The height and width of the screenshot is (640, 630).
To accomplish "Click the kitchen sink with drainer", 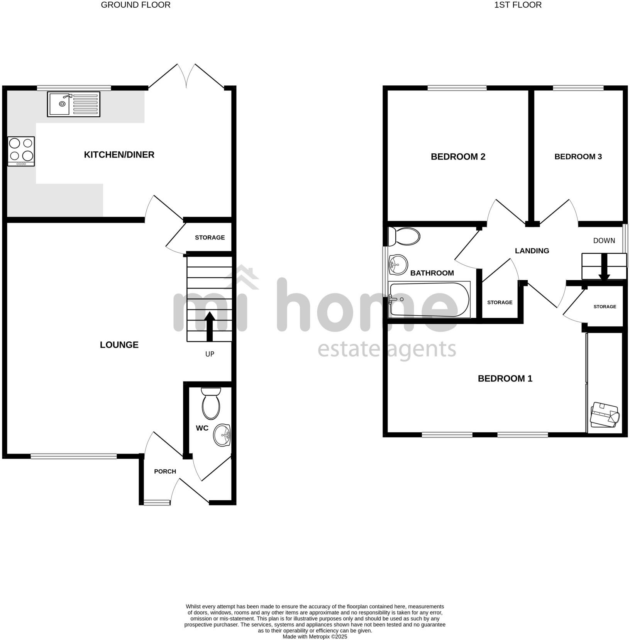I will (x=73, y=104).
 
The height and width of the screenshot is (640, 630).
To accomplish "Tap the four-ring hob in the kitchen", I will (x=21, y=151).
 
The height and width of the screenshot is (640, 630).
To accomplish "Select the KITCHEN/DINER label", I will (x=119, y=154).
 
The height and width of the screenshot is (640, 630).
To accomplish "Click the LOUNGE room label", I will (x=119, y=345).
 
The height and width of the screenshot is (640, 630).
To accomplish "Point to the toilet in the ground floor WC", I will (x=211, y=404).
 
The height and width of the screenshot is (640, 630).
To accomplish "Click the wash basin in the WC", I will (x=222, y=435).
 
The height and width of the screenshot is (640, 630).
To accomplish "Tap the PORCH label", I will (x=165, y=471).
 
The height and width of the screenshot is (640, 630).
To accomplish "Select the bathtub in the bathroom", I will (x=429, y=300).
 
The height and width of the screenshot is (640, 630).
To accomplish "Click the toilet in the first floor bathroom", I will (x=404, y=236).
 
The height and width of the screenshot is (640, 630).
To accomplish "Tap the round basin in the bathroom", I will (x=398, y=264).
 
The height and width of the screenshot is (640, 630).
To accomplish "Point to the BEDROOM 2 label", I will (x=458, y=156).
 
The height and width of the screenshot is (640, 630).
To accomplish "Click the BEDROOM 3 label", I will (x=578, y=156).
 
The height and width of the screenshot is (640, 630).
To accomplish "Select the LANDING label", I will (x=532, y=251).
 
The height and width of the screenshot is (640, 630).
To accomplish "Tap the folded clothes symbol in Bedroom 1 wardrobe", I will (x=605, y=414).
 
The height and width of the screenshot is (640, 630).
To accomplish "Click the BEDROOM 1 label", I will (x=505, y=379).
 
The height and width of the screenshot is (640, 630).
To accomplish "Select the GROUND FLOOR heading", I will (x=135, y=5).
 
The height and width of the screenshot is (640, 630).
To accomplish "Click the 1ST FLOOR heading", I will (x=518, y=5).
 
